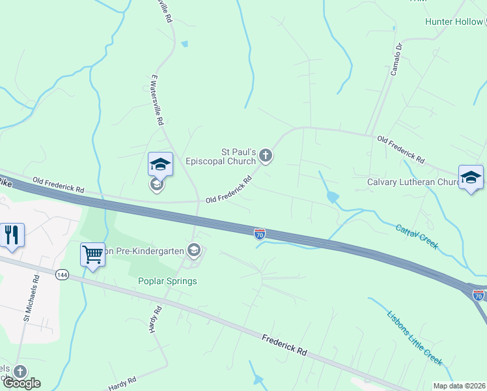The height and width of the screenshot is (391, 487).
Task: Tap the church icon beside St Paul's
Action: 265,156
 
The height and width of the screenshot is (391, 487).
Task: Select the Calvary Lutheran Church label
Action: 413,182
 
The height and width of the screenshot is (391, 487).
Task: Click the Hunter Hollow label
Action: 454,22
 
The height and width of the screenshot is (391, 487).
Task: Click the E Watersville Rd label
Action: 156,99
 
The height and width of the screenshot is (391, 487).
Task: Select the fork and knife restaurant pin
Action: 12,235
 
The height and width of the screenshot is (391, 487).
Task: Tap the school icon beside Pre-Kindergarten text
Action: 193,250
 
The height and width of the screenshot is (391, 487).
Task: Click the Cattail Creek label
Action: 417,237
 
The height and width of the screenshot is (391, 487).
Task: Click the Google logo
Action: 21,383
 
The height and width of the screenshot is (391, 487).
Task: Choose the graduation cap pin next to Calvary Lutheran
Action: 471,178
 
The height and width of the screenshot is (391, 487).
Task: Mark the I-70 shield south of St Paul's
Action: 260,233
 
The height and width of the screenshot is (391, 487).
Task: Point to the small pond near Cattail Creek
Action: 331,195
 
